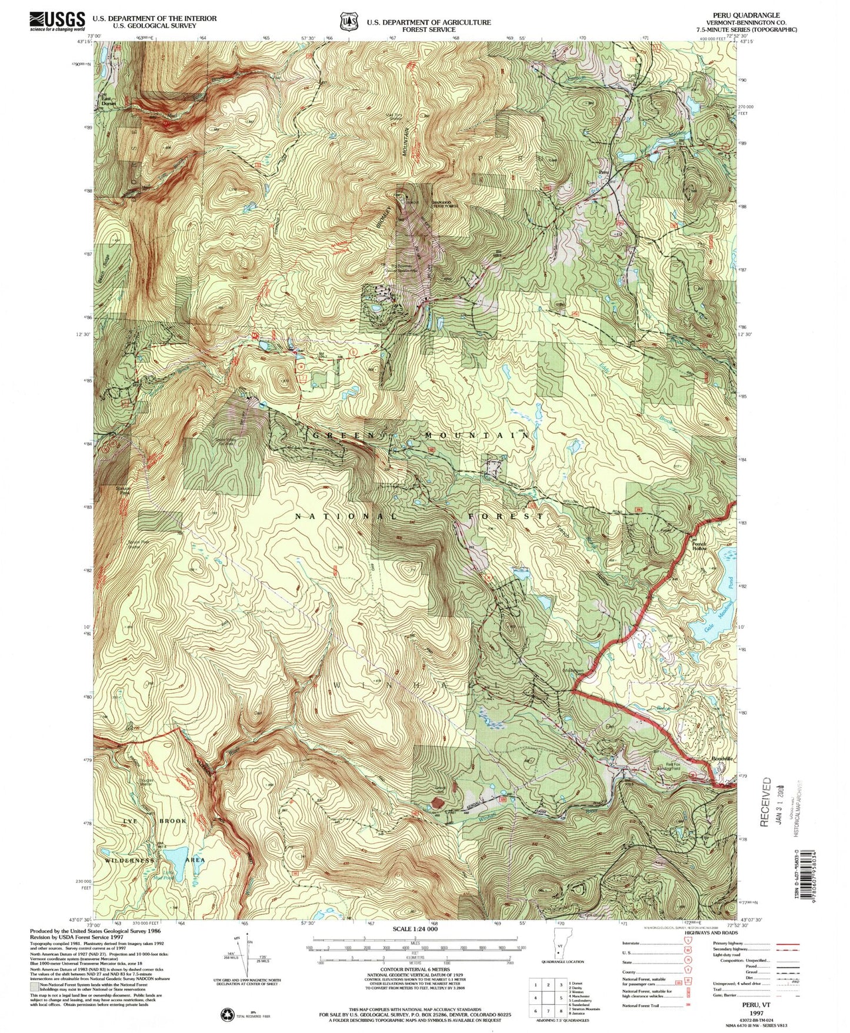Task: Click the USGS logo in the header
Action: pyautogui.click(x=57, y=22)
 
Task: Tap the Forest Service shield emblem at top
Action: pyautogui.click(x=348, y=22)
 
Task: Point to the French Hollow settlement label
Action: pyautogui.click(x=699, y=546)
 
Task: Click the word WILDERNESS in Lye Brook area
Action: pyautogui.click(x=131, y=860)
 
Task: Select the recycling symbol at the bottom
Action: pyautogui.click(x=226, y=1015)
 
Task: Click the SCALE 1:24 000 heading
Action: pyautogui.click(x=422, y=929)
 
